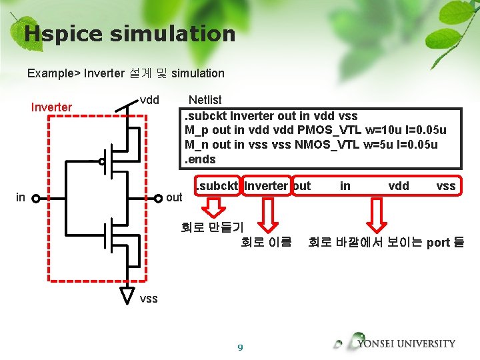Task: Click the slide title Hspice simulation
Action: pos(129,33)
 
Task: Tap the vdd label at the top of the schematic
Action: pos(149,100)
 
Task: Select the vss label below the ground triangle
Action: pos(149,299)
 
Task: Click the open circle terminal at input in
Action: pos(36,198)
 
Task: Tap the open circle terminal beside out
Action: pos(157,198)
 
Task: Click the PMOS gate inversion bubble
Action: pos(102,161)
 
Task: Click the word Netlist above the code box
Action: pos(205,100)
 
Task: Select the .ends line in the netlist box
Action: pos(200,159)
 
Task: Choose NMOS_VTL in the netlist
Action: pos(323,145)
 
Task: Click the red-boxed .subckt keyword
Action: pos(216,186)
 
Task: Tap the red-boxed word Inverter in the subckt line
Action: pos(266,186)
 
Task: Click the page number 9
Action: pos(240,347)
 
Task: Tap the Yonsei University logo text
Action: pos(406,344)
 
